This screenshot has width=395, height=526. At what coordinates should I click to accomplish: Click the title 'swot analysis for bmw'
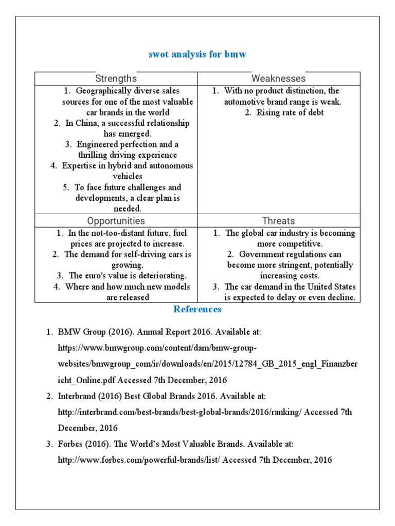click(197, 54)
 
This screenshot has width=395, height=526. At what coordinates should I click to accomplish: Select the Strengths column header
click(116, 79)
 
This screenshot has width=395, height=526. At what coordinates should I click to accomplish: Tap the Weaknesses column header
click(278, 79)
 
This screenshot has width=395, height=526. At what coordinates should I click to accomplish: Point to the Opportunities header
click(116, 221)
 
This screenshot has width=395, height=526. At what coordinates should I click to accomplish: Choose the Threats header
click(278, 221)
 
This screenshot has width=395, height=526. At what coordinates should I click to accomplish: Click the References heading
click(197, 309)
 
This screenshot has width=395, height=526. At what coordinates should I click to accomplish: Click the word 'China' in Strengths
click(86, 123)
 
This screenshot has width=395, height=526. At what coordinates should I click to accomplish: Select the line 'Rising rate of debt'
click(290, 112)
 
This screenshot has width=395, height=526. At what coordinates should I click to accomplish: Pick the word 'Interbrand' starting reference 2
click(78, 397)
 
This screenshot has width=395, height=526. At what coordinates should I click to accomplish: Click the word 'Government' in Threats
click(261, 254)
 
